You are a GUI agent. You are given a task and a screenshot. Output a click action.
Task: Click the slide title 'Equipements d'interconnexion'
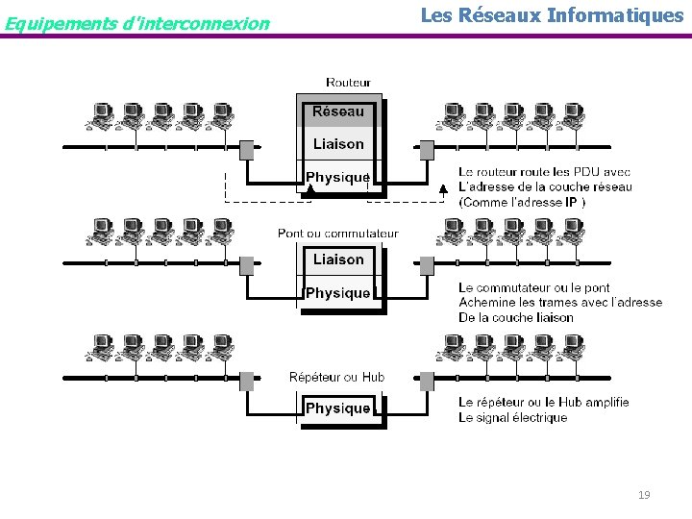pyautogui.click(x=136, y=22)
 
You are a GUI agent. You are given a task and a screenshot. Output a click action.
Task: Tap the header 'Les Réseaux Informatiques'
pyautogui.click(x=552, y=15)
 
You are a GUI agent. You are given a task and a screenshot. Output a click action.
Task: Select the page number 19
pyautogui.click(x=644, y=494)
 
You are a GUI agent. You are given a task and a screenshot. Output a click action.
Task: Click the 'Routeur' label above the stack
pyautogui.click(x=348, y=83)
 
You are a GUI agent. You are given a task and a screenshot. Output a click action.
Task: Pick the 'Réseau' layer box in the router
pyautogui.click(x=338, y=111)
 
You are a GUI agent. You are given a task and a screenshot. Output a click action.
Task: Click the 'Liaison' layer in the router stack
pyautogui.click(x=338, y=144)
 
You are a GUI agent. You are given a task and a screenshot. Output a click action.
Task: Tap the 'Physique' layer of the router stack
pyautogui.click(x=338, y=177)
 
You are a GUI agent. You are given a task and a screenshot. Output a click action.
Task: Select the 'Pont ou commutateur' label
pyautogui.click(x=337, y=234)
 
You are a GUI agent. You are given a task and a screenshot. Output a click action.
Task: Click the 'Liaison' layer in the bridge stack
pyautogui.click(x=338, y=259)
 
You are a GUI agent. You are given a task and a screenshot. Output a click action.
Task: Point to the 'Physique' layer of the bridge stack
pyautogui.click(x=338, y=293)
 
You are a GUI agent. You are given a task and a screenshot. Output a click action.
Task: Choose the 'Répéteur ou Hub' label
pyautogui.click(x=336, y=377)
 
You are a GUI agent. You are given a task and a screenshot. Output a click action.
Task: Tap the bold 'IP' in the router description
pyautogui.click(x=571, y=202)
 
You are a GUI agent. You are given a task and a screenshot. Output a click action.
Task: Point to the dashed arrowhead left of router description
pyautogui.click(x=443, y=189)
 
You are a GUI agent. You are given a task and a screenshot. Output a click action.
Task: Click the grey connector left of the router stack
pyautogui.click(x=247, y=150)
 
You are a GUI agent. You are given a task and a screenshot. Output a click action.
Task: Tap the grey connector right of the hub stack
pyautogui.click(x=427, y=382)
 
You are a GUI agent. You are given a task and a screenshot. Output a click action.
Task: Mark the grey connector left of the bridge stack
pyautogui.click(x=247, y=265)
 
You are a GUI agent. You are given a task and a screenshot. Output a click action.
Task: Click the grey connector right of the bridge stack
pyautogui.click(x=427, y=265)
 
